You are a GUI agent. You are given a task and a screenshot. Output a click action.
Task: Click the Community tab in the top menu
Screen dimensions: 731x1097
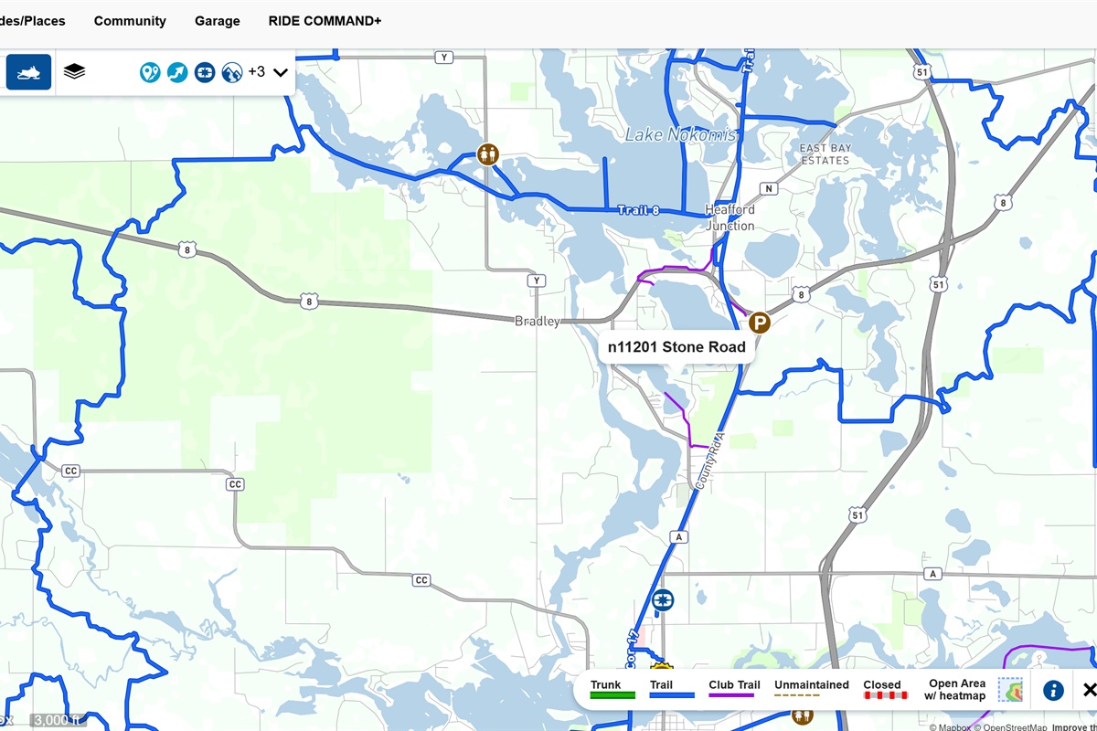130,21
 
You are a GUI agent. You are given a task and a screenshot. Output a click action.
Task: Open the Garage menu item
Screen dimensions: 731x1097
218,21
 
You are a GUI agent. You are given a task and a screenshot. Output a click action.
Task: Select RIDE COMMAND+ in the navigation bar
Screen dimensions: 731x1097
325,21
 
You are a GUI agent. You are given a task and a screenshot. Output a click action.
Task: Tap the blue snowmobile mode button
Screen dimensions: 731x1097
28,71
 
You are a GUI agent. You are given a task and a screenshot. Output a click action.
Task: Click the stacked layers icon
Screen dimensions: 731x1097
74,71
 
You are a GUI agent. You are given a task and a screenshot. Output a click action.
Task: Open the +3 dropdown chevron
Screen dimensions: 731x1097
281,72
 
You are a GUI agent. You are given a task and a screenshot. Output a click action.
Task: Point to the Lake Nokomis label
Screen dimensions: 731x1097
680,135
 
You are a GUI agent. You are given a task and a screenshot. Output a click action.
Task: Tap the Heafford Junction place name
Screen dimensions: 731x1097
730,217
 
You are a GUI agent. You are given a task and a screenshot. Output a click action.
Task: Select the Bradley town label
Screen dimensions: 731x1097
537,322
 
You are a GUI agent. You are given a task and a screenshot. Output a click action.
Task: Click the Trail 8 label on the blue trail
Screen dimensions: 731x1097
638,210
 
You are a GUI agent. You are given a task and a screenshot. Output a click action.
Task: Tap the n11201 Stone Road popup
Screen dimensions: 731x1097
676,347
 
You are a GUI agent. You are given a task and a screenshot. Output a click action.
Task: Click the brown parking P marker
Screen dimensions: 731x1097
759,323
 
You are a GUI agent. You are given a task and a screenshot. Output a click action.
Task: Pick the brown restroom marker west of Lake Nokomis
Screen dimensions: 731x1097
488,154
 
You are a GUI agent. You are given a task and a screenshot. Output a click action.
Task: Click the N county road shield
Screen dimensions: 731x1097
769,189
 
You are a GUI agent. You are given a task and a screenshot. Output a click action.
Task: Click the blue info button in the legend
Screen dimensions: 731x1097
1053,690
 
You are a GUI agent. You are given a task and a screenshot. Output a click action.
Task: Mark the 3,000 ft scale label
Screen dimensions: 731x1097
58,721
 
